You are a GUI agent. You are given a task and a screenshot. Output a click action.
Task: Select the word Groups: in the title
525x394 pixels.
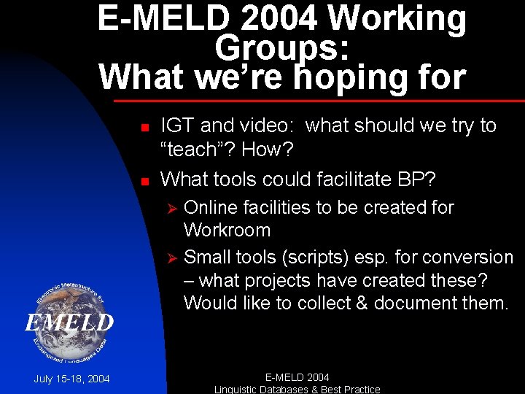pos(282,48)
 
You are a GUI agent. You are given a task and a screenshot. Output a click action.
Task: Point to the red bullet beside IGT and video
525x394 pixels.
pos(144,127)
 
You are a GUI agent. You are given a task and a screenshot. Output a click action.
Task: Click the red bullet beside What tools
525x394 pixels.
pos(144,180)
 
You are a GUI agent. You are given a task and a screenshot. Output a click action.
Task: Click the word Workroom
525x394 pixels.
pos(227,231)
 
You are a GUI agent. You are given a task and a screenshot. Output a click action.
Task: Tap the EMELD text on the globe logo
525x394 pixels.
pos(71,322)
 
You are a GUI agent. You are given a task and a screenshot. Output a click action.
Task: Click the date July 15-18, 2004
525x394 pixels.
pos(71,379)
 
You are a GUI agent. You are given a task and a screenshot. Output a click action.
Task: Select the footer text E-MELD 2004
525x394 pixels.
pos(297,377)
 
